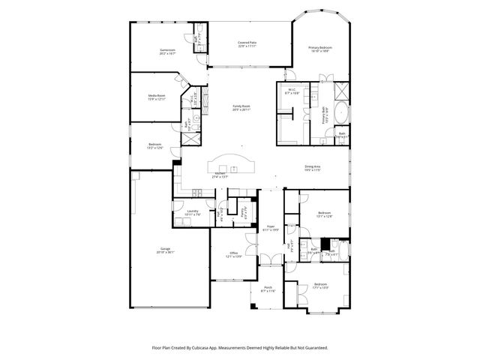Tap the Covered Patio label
coord(247,43)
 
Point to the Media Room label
coord(156,96)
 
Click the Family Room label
coord(241,106)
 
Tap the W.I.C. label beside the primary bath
coord(292,90)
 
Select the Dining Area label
coord(313,166)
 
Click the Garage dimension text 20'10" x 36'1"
coord(166,251)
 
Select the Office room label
coord(234,253)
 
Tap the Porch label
coord(268,289)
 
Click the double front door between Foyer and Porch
coord(271,264)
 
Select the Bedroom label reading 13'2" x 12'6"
coord(155,145)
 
